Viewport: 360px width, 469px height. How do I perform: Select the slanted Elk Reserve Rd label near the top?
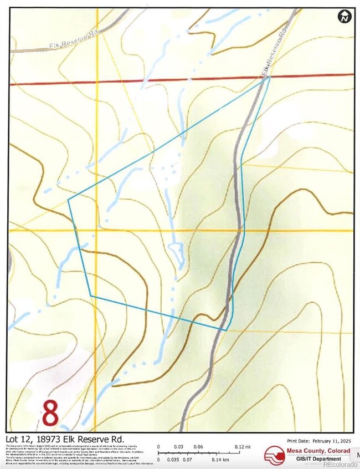click(x=276, y=55)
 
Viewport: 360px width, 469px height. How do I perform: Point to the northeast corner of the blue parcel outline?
click(x=270, y=78)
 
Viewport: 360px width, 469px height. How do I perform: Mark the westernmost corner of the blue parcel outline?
click(x=68, y=199)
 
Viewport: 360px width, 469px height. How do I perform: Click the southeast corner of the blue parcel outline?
click(x=226, y=330)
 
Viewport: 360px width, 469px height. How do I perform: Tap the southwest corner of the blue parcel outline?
click(x=90, y=295)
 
